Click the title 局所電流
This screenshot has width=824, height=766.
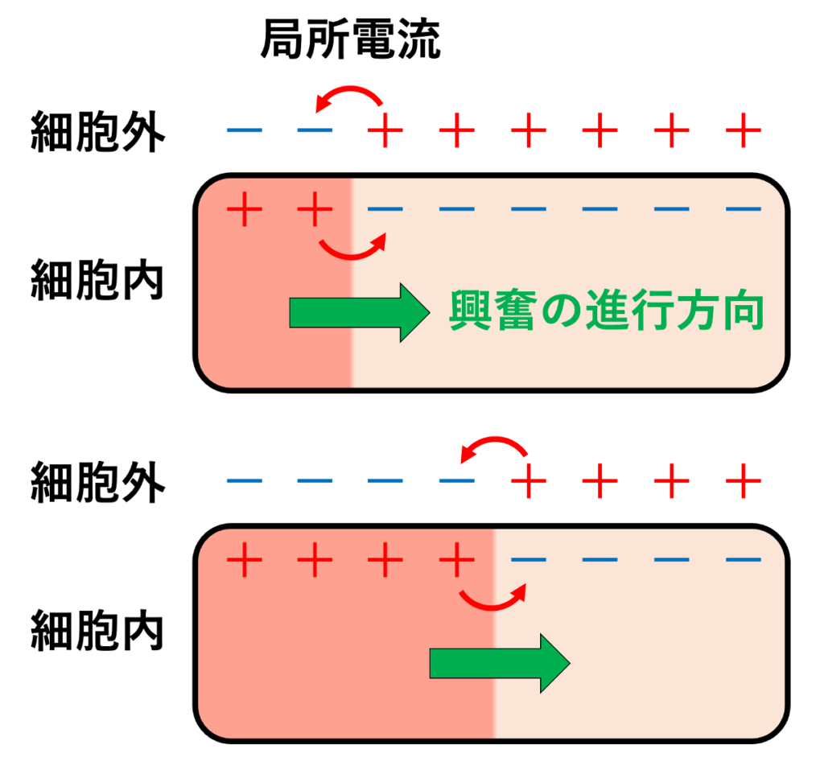[x=351, y=39]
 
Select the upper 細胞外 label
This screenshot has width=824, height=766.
[x=98, y=131]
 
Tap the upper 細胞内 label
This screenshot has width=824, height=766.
[x=97, y=280]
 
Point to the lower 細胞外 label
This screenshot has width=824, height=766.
[x=98, y=482]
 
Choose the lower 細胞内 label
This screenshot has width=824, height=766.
[x=97, y=631]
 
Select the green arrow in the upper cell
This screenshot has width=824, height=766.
[x=360, y=313]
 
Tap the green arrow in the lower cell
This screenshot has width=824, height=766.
[x=500, y=664]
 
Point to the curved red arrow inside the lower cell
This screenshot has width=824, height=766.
[x=492, y=607]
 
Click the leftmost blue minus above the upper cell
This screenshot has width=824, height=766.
[x=245, y=130]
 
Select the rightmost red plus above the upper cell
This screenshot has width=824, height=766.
[x=743, y=130]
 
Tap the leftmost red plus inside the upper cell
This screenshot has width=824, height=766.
[x=245, y=209]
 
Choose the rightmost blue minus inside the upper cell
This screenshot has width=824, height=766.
[x=743, y=209]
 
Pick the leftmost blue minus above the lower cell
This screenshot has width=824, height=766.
[x=245, y=480]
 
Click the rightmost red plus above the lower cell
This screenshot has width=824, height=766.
[x=743, y=480]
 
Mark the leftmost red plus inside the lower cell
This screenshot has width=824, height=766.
[x=245, y=560]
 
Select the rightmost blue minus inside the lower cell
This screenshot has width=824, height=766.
[x=743, y=560]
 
